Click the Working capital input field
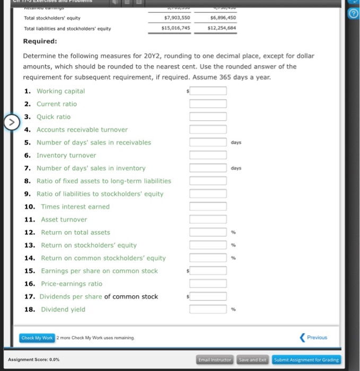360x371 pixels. click(208, 91)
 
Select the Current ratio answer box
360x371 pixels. click(208, 104)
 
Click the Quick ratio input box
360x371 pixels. click(208, 117)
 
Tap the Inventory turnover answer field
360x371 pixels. click(208, 155)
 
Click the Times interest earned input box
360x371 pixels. click(208, 207)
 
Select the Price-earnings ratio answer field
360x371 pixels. click(208, 284)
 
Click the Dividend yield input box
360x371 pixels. click(208, 310)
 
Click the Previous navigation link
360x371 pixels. click(314, 337)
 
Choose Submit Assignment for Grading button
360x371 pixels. click(306, 359)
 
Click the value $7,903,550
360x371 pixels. click(177, 17)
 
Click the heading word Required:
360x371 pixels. click(40, 41)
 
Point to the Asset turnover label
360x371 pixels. click(64, 219)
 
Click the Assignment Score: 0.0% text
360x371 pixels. click(34, 359)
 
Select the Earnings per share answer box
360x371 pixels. click(208, 271)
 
